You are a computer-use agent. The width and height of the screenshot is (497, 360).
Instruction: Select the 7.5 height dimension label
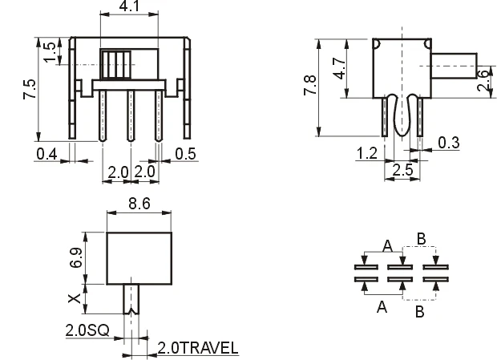click(x=30, y=87)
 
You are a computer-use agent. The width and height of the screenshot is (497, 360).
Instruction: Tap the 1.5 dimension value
click(x=51, y=52)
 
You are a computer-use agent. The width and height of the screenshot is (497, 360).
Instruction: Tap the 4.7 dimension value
click(x=339, y=65)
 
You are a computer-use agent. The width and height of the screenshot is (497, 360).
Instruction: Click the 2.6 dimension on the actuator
click(x=481, y=80)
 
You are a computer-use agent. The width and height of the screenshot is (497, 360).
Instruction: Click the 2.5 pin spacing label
click(x=402, y=169)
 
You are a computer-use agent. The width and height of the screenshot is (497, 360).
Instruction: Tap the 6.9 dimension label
click(x=75, y=257)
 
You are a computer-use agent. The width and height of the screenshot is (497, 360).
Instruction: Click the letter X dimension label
click(x=75, y=298)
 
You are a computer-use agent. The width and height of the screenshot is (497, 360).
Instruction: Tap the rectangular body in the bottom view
click(x=139, y=257)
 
